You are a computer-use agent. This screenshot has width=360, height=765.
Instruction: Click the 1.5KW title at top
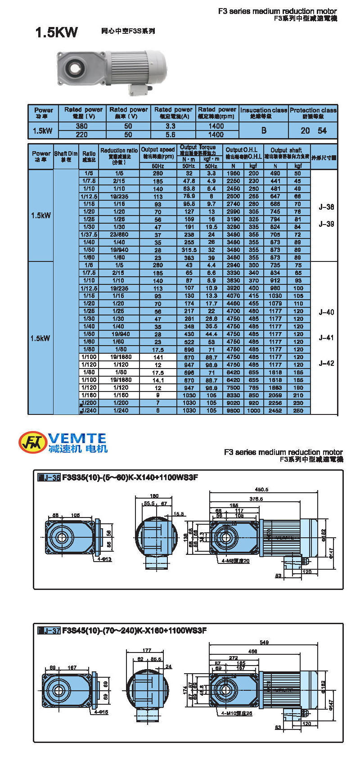(56, 32)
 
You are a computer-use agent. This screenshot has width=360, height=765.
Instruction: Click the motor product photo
(111, 71)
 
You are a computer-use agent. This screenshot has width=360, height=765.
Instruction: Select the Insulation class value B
(264, 130)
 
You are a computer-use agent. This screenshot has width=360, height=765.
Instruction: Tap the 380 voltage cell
(82, 126)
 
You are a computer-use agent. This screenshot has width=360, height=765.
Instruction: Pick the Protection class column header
(313, 113)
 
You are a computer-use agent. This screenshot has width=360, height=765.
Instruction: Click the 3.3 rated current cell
(171, 126)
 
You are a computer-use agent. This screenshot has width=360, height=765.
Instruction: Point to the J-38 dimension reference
(326, 207)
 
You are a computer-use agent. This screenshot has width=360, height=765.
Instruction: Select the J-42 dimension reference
(326, 363)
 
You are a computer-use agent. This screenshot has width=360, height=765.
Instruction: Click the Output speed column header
(157, 153)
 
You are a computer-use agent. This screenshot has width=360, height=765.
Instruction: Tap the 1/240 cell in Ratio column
(89, 410)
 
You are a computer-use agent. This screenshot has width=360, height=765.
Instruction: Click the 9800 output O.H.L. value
(233, 410)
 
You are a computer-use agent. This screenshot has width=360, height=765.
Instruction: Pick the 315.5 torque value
(189, 250)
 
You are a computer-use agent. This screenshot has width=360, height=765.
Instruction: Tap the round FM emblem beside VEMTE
(32, 442)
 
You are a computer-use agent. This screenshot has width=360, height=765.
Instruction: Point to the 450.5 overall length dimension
(261, 489)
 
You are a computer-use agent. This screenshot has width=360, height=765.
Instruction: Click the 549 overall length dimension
(264, 642)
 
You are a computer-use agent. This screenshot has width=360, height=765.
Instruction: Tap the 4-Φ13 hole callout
(104, 559)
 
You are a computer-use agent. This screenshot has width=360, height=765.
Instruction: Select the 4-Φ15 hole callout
(101, 712)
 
